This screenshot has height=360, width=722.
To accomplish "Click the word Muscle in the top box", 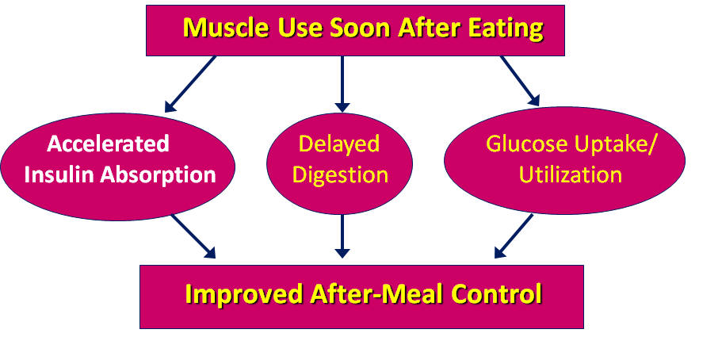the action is pyautogui.click(x=226, y=29).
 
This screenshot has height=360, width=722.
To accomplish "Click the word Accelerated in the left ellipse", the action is pyautogui.click(x=109, y=144).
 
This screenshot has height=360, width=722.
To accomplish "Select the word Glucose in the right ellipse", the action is pyautogui.click(x=527, y=144).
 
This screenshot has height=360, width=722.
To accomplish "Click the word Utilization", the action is pyautogui.click(x=571, y=175).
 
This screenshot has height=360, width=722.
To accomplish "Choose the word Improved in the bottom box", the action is pyautogui.click(x=244, y=294).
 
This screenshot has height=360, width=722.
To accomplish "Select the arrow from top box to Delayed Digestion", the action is pyautogui.click(x=342, y=84).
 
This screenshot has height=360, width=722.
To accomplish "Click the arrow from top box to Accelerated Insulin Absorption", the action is pyautogui.click(x=190, y=84).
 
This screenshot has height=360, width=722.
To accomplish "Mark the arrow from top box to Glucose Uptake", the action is pyautogui.click(x=520, y=81).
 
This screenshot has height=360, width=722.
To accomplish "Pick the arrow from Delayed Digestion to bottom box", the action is pyautogui.click(x=342, y=236).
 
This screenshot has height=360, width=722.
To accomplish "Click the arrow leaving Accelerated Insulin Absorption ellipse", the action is pyautogui.click(x=193, y=236).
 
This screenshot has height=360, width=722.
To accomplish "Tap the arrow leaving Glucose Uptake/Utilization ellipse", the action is pyautogui.click(x=514, y=236).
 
